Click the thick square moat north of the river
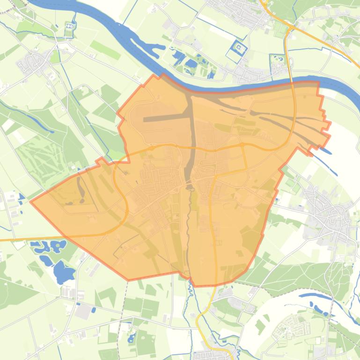(x=239, y=48)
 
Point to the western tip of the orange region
(x=31, y=202)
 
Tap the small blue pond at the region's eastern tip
(x=327, y=151)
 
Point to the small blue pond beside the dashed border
(x=131, y=338)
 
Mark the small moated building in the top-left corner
(x=72, y=28)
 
